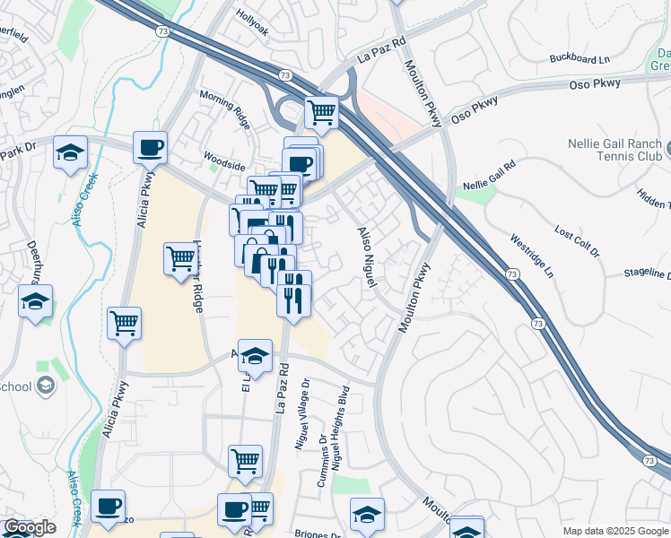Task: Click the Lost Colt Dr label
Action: tap(576, 243)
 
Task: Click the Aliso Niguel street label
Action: tap(365, 255)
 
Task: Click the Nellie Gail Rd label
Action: tap(489, 176)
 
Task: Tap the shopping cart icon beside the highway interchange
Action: tap(321, 112)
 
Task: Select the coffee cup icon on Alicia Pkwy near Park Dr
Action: tap(150, 145)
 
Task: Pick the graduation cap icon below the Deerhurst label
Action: tap(35, 301)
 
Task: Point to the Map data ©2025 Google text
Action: tap(614, 531)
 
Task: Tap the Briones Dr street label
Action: tap(318, 534)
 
